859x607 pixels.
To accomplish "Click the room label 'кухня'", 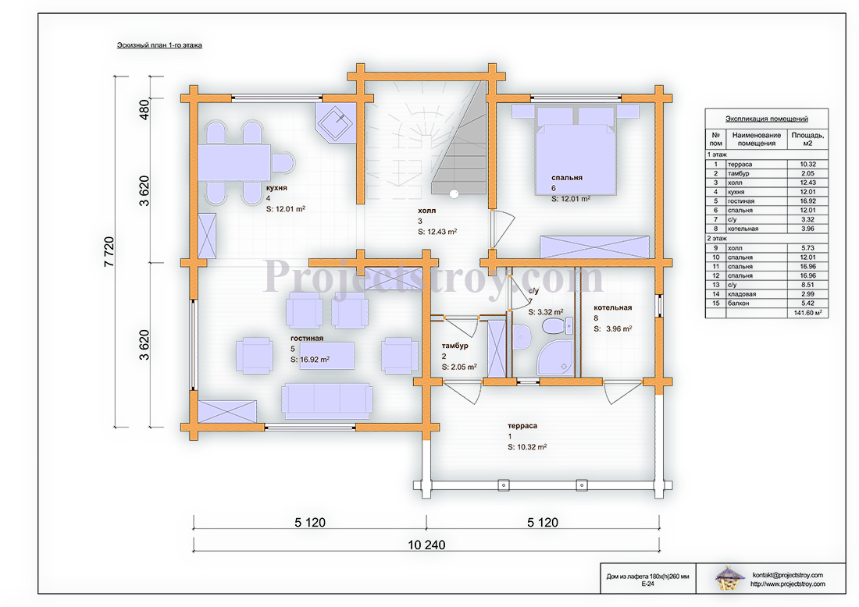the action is (x=276, y=188).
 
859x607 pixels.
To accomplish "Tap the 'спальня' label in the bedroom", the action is (x=566, y=177).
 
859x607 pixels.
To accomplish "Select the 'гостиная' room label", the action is (x=307, y=339).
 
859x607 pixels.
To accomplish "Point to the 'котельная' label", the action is (x=612, y=307).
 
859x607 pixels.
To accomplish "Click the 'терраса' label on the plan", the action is (x=522, y=426).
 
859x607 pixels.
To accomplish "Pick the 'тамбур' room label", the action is (x=454, y=346).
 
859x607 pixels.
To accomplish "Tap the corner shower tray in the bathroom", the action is (x=555, y=359).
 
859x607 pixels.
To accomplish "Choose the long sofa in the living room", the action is (x=327, y=401).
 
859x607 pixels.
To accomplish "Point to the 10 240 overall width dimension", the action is (x=426, y=545).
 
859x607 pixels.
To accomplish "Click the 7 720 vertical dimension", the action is (x=109, y=252).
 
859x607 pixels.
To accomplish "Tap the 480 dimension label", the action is (x=144, y=110).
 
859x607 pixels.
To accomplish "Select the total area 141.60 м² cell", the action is (x=807, y=313).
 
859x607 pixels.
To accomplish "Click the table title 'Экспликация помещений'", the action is (x=766, y=119).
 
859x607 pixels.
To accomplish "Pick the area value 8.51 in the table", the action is (x=807, y=285).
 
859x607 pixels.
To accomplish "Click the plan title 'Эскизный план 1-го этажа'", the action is (x=159, y=45).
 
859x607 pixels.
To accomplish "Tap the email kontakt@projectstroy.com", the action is (x=787, y=575).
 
